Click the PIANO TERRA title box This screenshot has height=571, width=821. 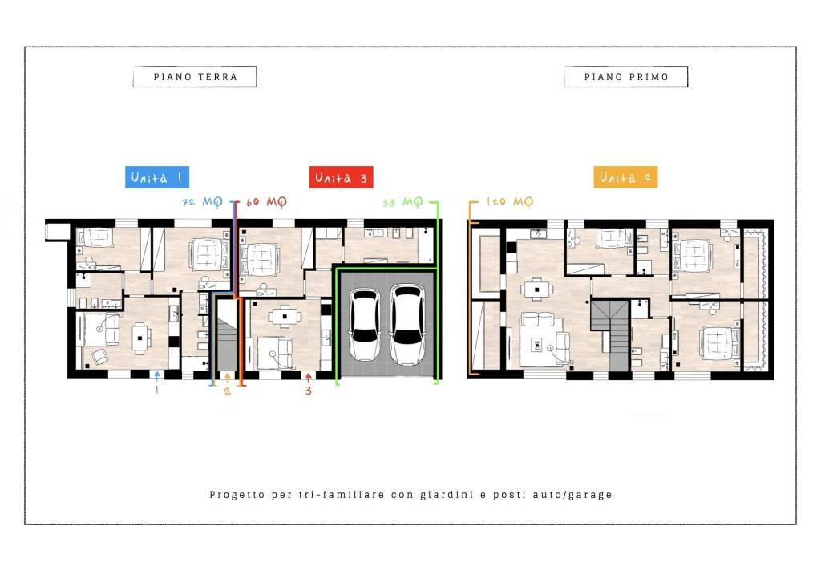pos(195,76)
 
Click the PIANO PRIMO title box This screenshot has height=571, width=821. pos(625,76)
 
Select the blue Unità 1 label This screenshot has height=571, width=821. pos(157,177)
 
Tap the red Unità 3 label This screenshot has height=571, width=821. pos(341,177)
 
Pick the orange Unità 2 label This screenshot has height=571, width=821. pos(625,177)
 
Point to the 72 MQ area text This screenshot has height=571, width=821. pos(202,201)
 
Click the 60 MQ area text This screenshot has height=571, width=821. pos(266,201)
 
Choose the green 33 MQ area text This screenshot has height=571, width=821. pos(402,202)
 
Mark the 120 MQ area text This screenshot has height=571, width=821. pos(510,201)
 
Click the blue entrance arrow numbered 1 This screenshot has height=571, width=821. pos(157,376)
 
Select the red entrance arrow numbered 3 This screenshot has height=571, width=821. pos(309,377)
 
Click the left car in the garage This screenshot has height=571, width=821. pos(365,325)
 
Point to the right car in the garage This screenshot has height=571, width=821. pos(406,325)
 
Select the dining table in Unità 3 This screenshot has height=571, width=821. pos(285,317)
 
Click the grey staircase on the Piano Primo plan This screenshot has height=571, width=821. pos(610,334)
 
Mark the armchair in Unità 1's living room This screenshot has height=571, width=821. pos(99,357)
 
